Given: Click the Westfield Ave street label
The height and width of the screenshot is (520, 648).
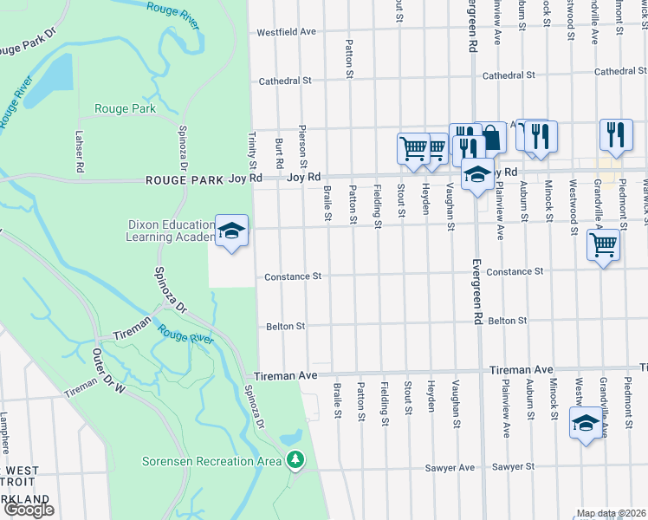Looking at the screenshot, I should tap(286, 31).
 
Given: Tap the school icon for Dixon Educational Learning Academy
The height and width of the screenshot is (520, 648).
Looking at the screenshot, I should tap(231, 231).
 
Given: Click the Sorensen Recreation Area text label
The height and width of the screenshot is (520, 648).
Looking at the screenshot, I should tap(215, 461).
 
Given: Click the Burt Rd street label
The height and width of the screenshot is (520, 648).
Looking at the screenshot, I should tap(279, 153).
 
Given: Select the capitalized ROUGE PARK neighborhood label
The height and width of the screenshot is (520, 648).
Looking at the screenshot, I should tap(185, 180).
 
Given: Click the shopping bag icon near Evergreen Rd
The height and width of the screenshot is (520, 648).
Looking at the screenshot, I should tap(491, 137).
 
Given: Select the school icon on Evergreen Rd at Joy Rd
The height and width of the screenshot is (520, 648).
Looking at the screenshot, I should tap(476, 174).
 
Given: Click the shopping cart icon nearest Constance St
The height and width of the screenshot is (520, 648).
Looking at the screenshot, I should tap(603, 245).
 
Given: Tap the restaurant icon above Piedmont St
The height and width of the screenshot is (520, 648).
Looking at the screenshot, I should tap(616, 134).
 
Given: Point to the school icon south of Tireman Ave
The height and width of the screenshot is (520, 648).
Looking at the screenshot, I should tap(586, 424).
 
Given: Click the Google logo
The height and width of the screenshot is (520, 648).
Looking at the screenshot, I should tap(29, 510).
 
